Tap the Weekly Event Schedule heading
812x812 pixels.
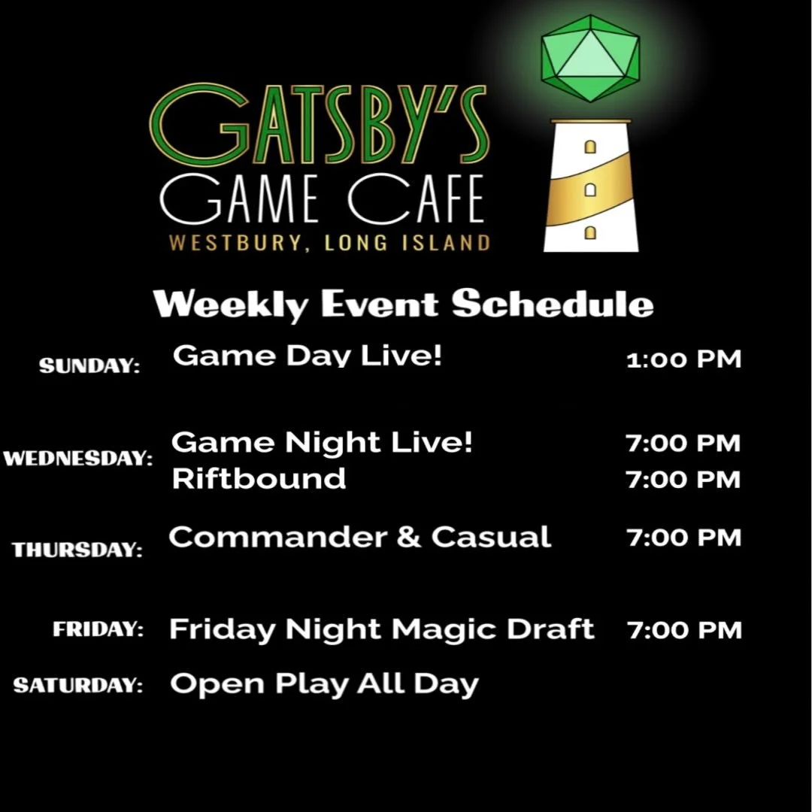[x=403, y=304]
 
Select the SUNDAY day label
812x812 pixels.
[x=89, y=366]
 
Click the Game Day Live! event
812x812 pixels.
[x=308, y=356]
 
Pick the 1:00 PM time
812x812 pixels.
[x=683, y=359]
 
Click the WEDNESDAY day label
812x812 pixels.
[x=77, y=458]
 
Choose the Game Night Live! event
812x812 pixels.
[x=323, y=443]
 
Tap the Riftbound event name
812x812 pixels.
[x=259, y=479]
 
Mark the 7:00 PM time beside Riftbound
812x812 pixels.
[x=683, y=479]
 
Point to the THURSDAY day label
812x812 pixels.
[x=77, y=550]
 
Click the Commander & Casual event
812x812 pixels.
[x=359, y=537]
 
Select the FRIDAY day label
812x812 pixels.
[x=98, y=629]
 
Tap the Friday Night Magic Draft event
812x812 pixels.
[x=381, y=629]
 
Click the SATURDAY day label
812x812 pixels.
[x=78, y=686]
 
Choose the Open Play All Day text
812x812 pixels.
[x=324, y=684]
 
